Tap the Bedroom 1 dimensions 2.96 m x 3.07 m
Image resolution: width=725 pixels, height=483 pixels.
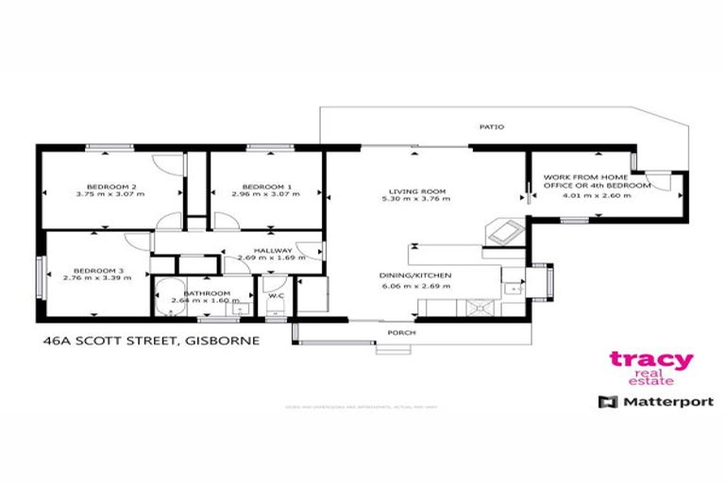[x=266, y=194]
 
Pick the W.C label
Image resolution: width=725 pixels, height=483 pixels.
[x=276, y=294]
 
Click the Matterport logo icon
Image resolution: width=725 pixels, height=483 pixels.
[x=603, y=402]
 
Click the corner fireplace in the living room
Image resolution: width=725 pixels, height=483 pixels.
[x=499, y=229]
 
